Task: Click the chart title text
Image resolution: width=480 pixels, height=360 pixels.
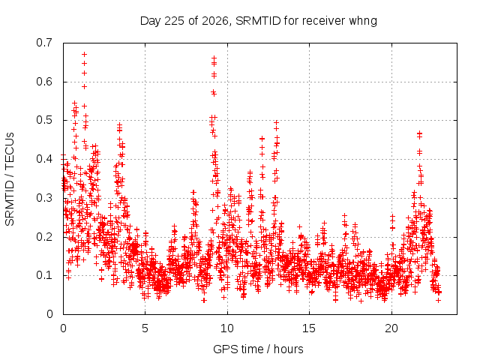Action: (x=258, y=21)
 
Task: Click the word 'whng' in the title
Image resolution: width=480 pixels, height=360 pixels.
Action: (x=363, y=21)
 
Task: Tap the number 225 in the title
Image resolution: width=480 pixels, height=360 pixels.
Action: (x=175, y=21)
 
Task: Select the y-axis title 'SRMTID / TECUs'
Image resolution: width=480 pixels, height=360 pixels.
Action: (x=10, y=179)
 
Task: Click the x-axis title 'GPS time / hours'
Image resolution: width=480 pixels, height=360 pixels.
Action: (x=258, y=349)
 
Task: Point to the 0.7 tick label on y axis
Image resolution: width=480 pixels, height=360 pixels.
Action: (x=44, y=43)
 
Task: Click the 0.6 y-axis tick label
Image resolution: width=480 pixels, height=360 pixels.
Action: (x=44, y=82)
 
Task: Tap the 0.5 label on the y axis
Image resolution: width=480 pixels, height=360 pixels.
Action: (x=44, y=120)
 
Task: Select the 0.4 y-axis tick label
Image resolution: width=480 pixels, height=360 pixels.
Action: (x=44, y=159)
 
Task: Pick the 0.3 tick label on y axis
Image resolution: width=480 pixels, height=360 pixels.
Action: (x=44, y=198)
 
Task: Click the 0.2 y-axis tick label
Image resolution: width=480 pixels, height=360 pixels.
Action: (x=44, y=237)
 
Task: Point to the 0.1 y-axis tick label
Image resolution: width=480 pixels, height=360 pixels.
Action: (x=44, y=275)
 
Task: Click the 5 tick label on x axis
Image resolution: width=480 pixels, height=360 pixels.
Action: (x=145, y=328)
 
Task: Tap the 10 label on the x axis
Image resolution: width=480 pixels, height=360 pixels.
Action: (x=227, y=328)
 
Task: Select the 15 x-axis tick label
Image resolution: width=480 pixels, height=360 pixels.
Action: (x=309, y=328)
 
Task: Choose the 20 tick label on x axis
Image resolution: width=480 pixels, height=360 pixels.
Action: (x=391, y=328)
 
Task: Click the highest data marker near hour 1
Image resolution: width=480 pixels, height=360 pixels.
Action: (x=85, y=54)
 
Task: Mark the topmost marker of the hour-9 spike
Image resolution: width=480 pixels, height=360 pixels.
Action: (x=214, y=58)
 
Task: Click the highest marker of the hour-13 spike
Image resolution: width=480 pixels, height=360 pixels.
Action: (x=277, y=122)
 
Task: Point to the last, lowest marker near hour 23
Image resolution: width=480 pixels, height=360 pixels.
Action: (x=438, y=300)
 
